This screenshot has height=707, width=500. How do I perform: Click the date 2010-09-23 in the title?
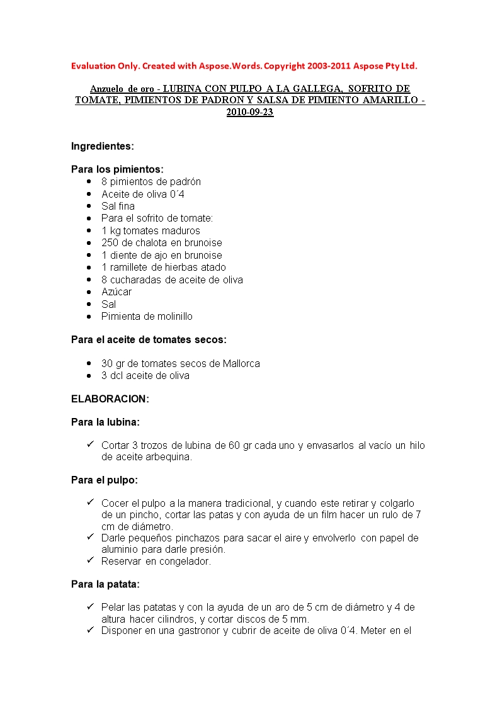[x=250, y=113]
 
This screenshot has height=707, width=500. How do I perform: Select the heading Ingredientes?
[x=102, y=146]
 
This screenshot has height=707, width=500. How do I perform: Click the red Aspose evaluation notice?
[x=244, y=65]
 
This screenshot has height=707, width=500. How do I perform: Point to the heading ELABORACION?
[x=110, y=399]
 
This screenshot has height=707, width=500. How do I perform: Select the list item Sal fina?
[x=118, y=206]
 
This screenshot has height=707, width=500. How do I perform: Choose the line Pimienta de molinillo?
[x=147, y=316]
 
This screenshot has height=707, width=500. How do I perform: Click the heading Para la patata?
[x=105, y=584]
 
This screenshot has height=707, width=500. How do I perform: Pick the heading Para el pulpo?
[x=104, y=480]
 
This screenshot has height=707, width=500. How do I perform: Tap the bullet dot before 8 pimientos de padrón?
[x=89, y=182]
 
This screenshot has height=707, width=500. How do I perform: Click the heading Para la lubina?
[x=105, y=422]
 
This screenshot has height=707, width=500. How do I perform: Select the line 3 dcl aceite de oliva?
[x=145, y=375]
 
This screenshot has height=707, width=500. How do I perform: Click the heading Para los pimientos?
[x=117, y=169]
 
